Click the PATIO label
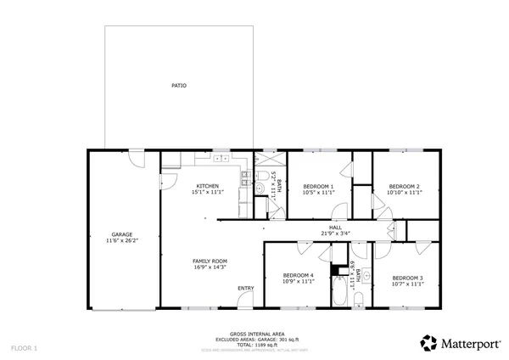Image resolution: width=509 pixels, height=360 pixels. (178, 86)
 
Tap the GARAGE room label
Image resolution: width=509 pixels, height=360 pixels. (122, 234)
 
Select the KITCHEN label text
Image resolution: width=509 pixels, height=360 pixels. (208, 186)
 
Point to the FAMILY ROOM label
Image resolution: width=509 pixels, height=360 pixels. (210, 261)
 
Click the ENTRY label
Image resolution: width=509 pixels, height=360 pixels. (245, 288)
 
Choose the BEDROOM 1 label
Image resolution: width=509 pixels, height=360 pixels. (318, 186)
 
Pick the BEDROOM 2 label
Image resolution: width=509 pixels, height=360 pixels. (405, 186)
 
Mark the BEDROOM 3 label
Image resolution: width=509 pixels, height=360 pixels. (408, 278)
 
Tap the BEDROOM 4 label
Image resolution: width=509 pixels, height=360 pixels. (299, 274)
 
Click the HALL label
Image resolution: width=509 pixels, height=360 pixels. (336, 227)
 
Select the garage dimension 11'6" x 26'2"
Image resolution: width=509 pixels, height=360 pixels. (122, 241)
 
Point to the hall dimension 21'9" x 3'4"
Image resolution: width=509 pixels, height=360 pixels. (336, 233)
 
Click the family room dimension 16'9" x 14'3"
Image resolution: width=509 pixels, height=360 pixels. (210, 267)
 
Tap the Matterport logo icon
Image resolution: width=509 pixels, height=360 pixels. (429, 343)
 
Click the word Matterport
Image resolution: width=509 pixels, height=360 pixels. (470, 343)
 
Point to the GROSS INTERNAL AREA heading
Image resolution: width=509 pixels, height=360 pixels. (250, 334)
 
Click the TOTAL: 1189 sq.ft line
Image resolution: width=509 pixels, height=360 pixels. (250, 344)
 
